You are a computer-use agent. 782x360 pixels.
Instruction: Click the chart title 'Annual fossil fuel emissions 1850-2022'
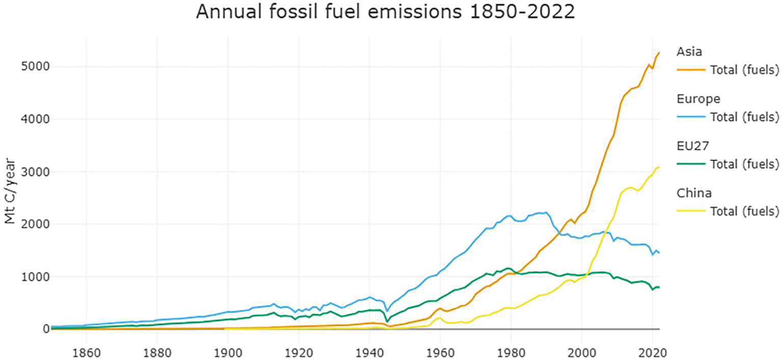pos(385,13)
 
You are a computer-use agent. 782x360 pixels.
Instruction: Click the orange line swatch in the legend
pos(691,70)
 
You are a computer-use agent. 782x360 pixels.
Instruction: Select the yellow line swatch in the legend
pos(691,211)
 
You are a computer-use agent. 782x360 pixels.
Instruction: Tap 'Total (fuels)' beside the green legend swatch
pos(744,164)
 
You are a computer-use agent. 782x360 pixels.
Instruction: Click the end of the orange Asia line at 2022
pos(659,52)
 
